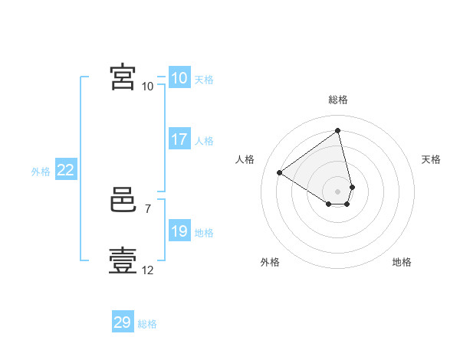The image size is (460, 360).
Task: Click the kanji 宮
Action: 123,77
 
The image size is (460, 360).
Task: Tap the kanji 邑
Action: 123,200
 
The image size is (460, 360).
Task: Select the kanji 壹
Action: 123,260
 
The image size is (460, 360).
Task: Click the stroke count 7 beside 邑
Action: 148,209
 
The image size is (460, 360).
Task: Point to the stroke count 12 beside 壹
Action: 147,270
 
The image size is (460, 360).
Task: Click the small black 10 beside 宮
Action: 147,87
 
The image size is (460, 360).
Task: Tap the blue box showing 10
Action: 180,77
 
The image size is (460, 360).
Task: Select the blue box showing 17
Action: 180,139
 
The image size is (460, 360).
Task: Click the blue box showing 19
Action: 180,230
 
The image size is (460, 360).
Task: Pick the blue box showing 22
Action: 66,169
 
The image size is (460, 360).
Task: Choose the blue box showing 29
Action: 123,321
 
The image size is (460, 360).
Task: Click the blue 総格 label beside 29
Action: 147,324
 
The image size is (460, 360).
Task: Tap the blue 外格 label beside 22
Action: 41,172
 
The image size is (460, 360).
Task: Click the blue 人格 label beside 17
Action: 204,141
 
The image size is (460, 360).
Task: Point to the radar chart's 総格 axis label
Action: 338,100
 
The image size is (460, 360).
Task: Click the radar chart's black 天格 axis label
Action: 431,159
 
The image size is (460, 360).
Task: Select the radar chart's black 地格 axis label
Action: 402,262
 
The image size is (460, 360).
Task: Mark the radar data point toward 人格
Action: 280,172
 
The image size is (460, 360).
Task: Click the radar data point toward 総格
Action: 337,130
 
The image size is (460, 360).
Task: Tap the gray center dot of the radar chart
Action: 337,191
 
